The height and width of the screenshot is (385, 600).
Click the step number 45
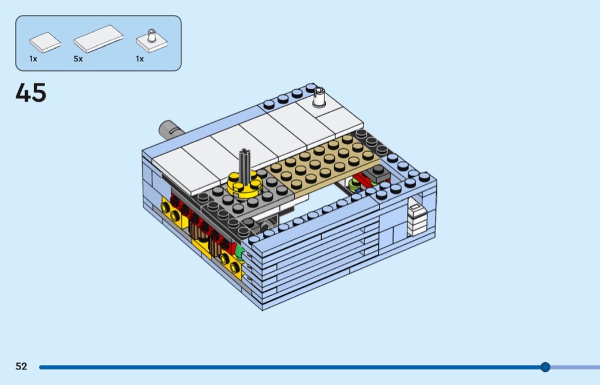coord(31,93)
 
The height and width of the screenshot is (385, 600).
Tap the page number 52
coord(22,366)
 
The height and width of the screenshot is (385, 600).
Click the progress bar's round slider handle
coord(545,367)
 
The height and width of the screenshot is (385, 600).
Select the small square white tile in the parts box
coord(45,42)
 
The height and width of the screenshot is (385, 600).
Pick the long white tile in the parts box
coord(98,39)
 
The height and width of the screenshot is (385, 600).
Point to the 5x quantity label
coord(78,59)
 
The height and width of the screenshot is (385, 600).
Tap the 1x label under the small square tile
coord(33,59)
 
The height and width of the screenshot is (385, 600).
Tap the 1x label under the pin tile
coord(139,59)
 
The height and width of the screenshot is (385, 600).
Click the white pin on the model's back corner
coord(319,97)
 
